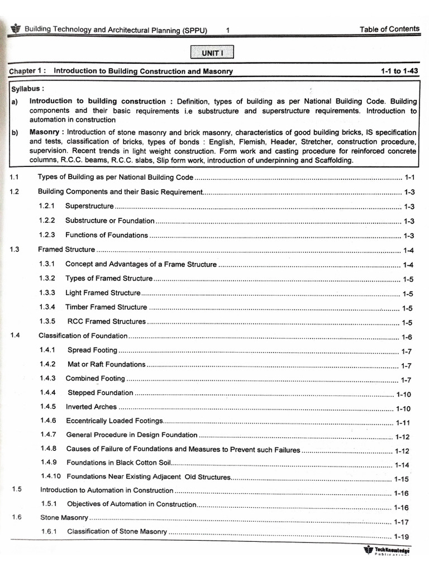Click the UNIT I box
point(212,53)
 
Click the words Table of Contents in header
point(389,29)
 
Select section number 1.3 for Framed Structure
point(15,249)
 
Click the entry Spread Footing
point(92,350)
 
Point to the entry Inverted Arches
point(91,407)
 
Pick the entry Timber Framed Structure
point(106,307)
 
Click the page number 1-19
point(402,537)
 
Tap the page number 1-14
point(402,465)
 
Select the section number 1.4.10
point(51,476)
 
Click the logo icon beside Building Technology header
point(15,28)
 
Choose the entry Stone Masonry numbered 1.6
point(64,518)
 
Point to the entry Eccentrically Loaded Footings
point(115,421)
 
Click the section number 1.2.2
point(47,221)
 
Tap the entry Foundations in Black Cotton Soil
point(117,463)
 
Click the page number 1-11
point(402,423)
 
